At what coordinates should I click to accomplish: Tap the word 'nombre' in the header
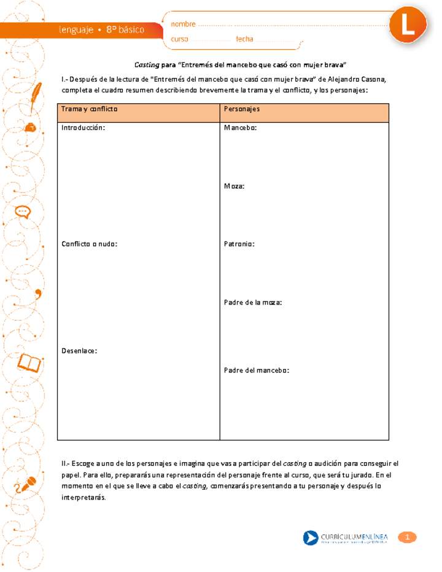183,24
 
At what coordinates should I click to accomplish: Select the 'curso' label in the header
180,39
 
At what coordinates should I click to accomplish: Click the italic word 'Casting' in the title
146,64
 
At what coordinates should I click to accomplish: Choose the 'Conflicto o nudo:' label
90,244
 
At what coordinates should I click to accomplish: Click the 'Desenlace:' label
79,350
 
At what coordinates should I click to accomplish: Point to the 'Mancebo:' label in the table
240,128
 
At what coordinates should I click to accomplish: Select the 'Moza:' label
235,186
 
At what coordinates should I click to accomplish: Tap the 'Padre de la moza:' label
253,303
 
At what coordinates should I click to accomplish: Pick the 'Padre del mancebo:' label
257,370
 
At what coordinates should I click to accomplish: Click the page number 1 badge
407,538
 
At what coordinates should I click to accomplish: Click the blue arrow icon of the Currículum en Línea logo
311,538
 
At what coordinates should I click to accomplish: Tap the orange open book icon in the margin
28,363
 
